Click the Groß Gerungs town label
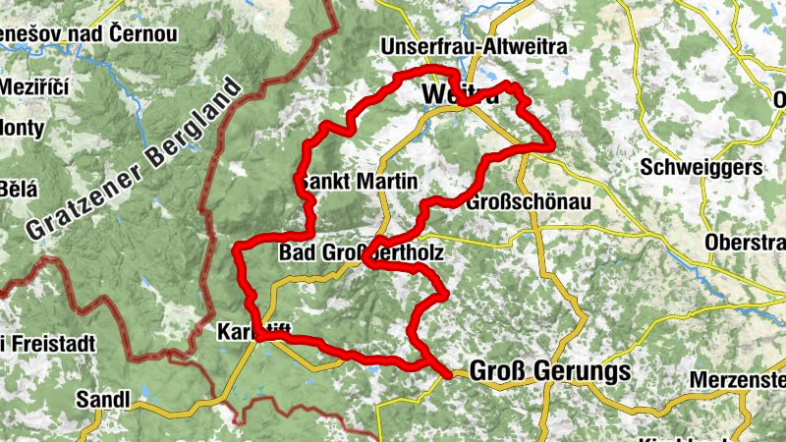point(549,371)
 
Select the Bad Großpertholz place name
point(362,253)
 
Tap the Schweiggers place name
point(701,168)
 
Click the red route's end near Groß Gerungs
point(451,375)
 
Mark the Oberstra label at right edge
point(745,243)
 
